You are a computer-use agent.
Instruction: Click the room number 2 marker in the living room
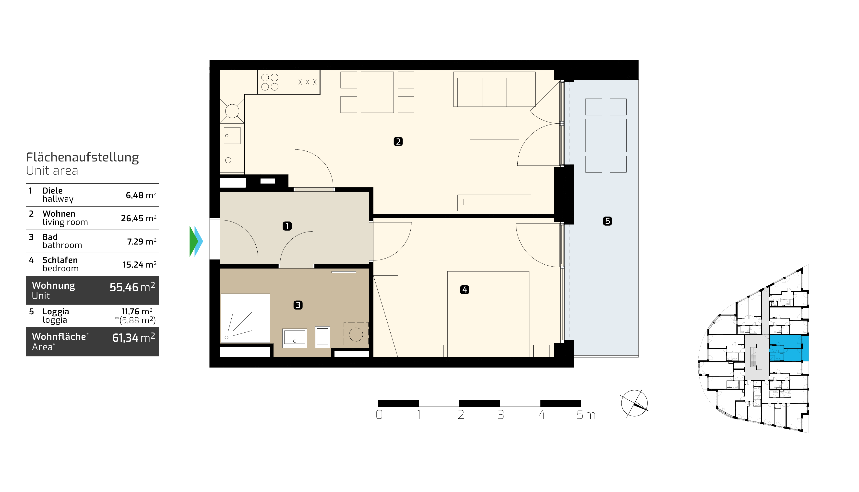(x=398, y=142)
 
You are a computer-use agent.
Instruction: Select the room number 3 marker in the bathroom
(x=298, y=305)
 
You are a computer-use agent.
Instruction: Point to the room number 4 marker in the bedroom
(x=465, y=290)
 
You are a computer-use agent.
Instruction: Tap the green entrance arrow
(x=193, y=241)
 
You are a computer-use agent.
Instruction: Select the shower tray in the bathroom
(x=245, y=318)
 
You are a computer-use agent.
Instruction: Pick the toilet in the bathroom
(x=322, y=337)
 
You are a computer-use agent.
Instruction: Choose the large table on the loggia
(x=606, y=135)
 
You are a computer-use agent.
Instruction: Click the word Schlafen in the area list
(x=60, y=260)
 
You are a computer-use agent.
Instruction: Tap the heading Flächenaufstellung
(x=82, y=158)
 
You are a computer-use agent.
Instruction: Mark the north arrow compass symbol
(x=634, y=403)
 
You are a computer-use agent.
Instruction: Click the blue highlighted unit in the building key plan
(x=789, y=348)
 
